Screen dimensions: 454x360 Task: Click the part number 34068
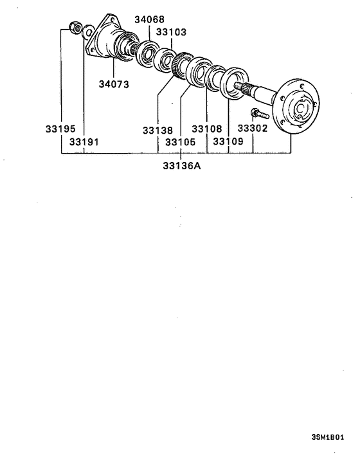150,19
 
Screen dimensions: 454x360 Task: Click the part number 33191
84,141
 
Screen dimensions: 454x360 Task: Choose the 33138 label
158,130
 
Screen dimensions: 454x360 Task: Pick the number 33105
181,141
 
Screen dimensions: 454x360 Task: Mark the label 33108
207,129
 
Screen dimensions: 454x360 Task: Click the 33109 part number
228,141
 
